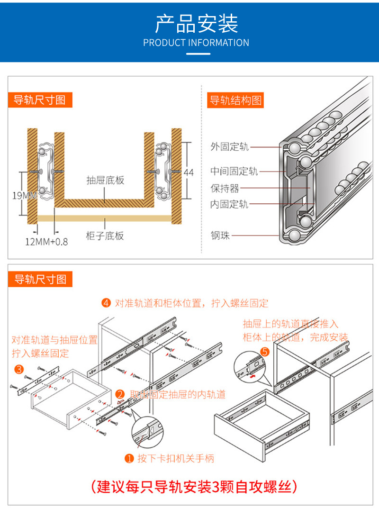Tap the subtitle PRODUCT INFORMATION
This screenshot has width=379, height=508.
coord(196,43)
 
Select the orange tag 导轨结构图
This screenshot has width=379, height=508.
coord(235,100)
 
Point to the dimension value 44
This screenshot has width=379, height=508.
coord(189,172)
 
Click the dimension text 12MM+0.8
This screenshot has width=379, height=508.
coord(46,242)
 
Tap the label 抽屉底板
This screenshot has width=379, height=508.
coord(105,181)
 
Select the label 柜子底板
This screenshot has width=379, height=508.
coord(105,236)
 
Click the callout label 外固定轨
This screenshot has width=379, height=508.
coord(229,147)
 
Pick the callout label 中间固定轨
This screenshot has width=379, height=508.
coord(234,171)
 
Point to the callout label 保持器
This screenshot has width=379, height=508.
coord(225,188)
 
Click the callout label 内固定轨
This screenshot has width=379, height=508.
coord(229,204)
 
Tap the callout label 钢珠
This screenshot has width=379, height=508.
coord(220,235)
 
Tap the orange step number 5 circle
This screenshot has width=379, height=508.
coord(265,352)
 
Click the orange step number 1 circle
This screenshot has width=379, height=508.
coord(129,458)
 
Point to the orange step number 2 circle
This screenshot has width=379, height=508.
coord(120,394)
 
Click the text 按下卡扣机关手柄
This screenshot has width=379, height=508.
coord(176,458)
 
